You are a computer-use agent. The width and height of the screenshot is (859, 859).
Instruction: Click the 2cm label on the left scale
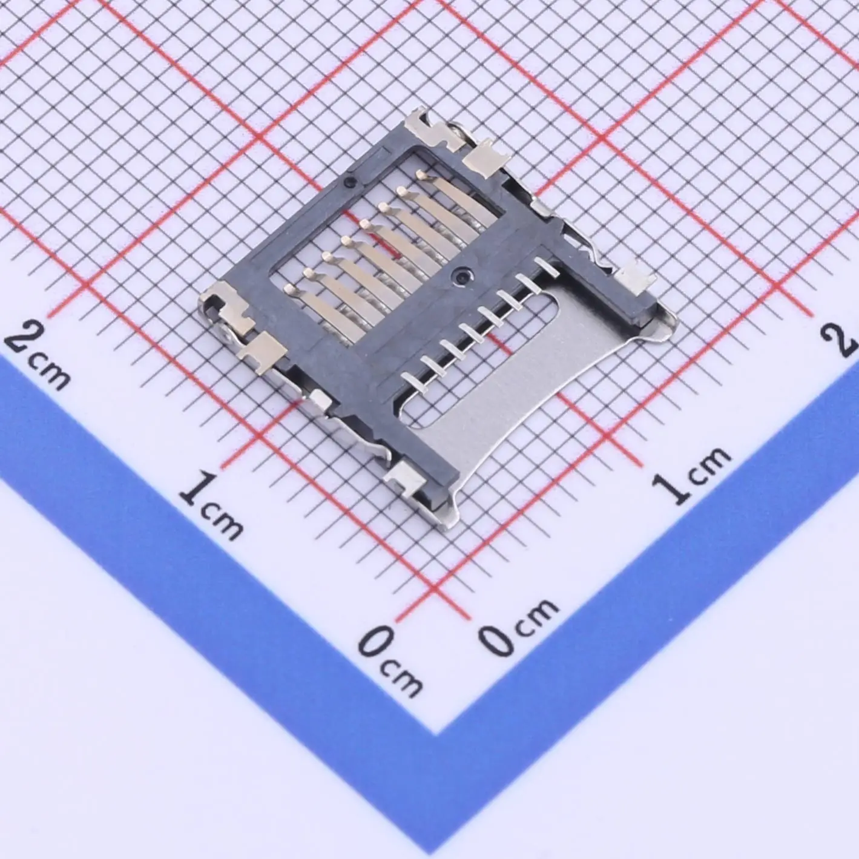point(38,354)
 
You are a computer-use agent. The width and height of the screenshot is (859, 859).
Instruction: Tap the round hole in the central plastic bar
point(462,275)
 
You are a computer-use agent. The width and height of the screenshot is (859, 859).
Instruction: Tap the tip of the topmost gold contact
point(421,176)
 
